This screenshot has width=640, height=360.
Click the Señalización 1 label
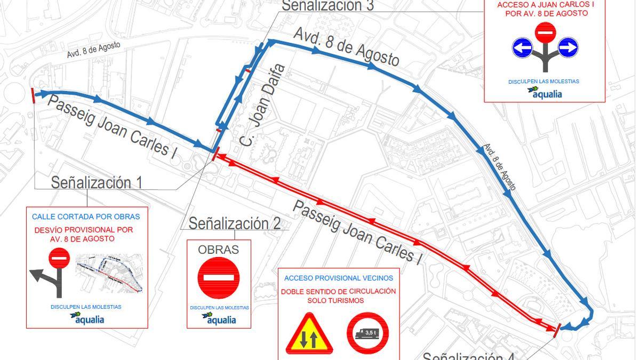(x=97, y=182)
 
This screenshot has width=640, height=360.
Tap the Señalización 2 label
(x=235, y=223)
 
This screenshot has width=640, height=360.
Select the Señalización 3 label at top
(x=327, y=6)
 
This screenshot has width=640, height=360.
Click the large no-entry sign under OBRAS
(x=219, y=277)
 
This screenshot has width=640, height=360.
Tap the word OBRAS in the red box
(x=219, y=250)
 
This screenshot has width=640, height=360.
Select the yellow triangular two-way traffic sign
(x=309, y=335)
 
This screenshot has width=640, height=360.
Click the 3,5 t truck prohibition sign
(x=368, y=334)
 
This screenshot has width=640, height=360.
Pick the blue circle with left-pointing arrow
(x=523, y=48)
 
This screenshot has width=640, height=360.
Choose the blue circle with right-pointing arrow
(x=567, y=48)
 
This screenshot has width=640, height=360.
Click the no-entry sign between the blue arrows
(x=545, y=33)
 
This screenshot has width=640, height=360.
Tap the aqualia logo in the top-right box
(x=545, y=93)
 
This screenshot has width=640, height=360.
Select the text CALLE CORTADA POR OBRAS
(x=86, y=217)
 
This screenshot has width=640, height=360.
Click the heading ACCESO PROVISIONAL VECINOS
(x=339, y=278)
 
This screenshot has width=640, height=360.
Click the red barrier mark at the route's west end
(x=33, y=95)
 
